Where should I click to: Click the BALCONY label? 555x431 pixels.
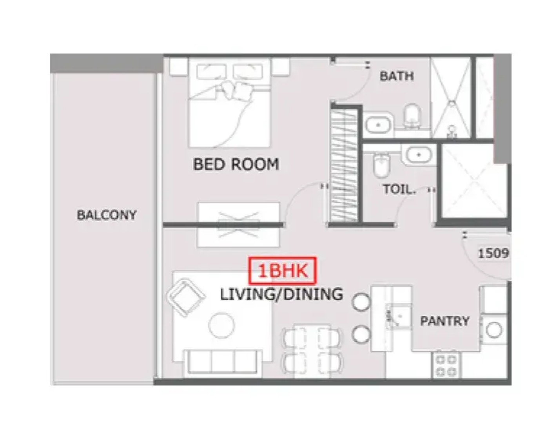point(106,215)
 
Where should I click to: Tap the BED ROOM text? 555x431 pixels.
point(236,164)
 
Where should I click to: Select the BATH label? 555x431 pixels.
point(396,76)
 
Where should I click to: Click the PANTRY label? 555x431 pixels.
point(444,321)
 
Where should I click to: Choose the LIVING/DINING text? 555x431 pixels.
point(281,294)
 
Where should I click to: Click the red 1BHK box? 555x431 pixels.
point(283,271)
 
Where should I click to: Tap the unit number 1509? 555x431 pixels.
point(493,254)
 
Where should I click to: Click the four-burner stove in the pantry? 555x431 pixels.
point(446,365)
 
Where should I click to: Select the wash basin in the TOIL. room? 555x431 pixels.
point(419,155)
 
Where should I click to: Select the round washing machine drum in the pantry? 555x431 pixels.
point(494,330)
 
